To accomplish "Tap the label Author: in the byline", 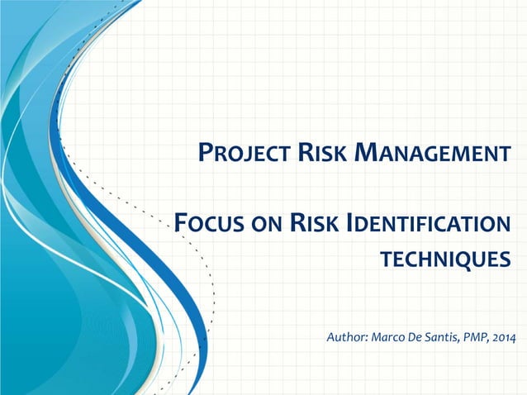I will coord(348,338).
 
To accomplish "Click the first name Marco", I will coord(388,338).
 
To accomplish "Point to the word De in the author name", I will coord(417,338).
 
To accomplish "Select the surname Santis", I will coord(445,338).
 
